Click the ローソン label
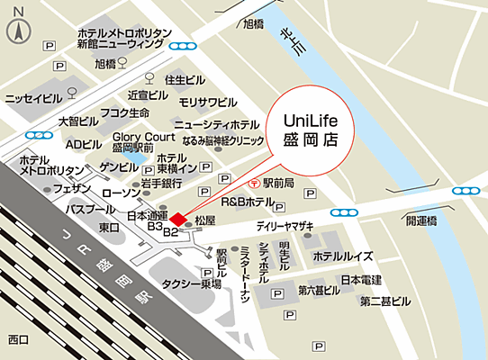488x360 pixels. pos(120,192)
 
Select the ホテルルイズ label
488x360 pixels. pos(338,256)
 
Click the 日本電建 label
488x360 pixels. pos(361,280)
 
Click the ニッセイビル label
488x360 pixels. pos(33,99)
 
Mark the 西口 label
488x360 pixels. pos(18,339)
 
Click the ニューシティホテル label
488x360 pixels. pos(217,124)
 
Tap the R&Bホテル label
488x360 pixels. pos(247,201)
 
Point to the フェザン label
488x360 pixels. pos(72,190)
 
